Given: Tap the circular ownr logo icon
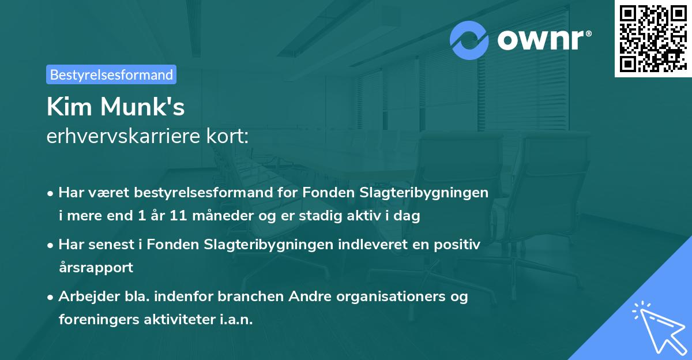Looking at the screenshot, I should point(469,40).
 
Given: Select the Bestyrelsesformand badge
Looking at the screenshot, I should point(111,74).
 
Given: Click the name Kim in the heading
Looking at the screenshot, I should point(67,107).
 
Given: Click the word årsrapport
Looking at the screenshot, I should point(96,267).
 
